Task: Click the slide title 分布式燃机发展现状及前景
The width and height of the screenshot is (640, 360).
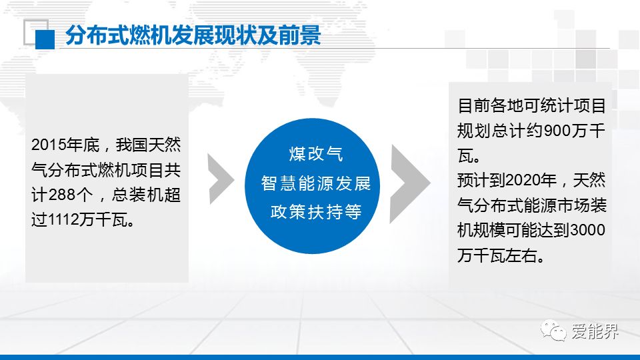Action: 193,35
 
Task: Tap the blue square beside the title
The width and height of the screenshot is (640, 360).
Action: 45,39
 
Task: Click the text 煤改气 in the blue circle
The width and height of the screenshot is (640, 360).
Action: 316,154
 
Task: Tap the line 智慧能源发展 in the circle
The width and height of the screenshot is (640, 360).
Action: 316,183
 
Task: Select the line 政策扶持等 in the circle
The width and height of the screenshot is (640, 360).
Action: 316,212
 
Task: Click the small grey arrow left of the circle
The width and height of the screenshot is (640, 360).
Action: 221,179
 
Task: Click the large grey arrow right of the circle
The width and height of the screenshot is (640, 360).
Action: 410,184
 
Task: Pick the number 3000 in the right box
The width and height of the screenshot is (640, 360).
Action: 588,230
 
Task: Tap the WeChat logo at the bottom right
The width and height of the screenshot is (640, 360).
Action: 553,330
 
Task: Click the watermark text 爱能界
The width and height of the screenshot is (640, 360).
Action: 595,331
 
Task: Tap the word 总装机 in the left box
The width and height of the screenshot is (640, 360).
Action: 137,195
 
